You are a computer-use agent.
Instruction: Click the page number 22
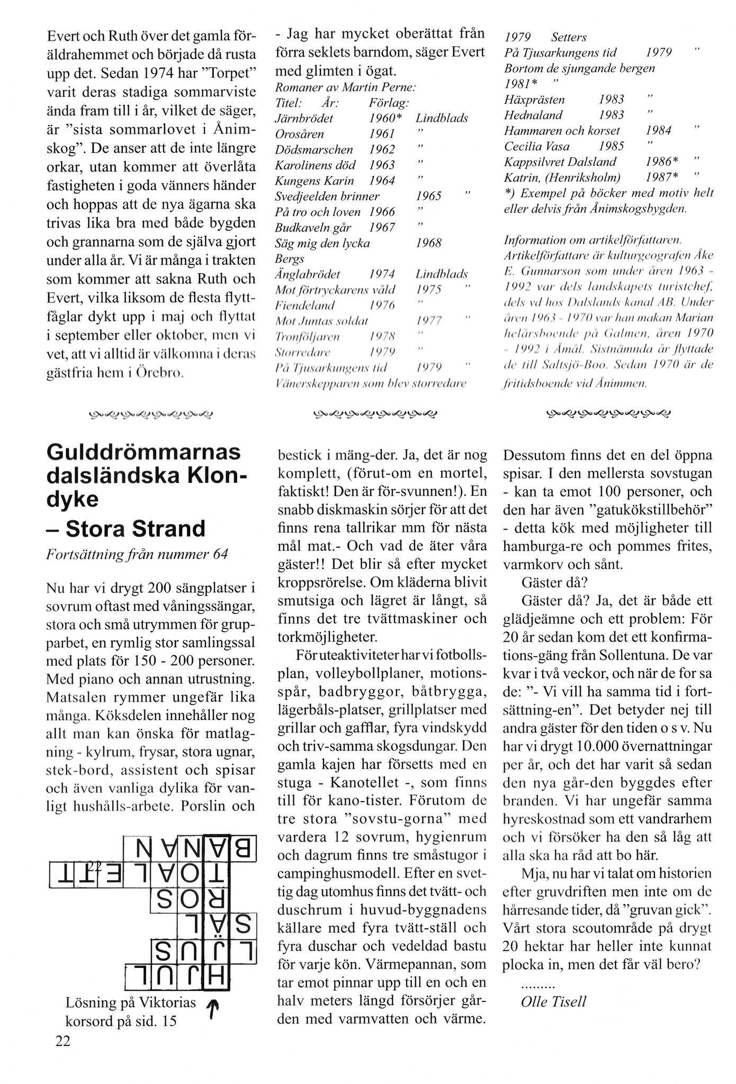coord(62,1042)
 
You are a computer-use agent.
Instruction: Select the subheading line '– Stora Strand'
coord(126,528)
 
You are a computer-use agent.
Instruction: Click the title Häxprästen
coord(534,100)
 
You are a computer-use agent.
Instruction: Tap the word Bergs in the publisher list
coord(290,259)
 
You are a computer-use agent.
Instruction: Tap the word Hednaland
coord(533,115)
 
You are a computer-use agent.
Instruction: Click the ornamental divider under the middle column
coord(375,413)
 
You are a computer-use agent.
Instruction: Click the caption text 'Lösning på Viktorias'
coord(131,1002)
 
